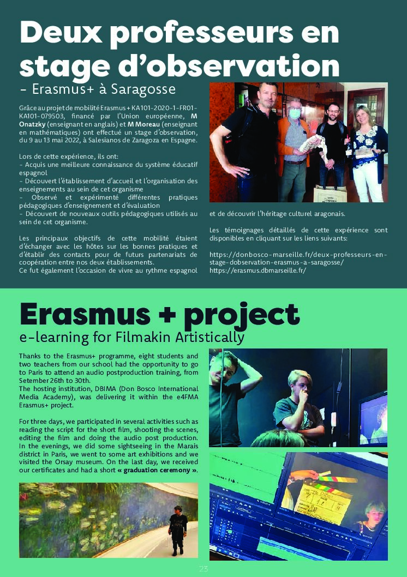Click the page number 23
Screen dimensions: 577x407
(x=203, y=569)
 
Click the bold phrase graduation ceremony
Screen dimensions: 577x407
(x=158, y=470)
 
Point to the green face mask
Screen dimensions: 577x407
(x=295, y=114)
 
